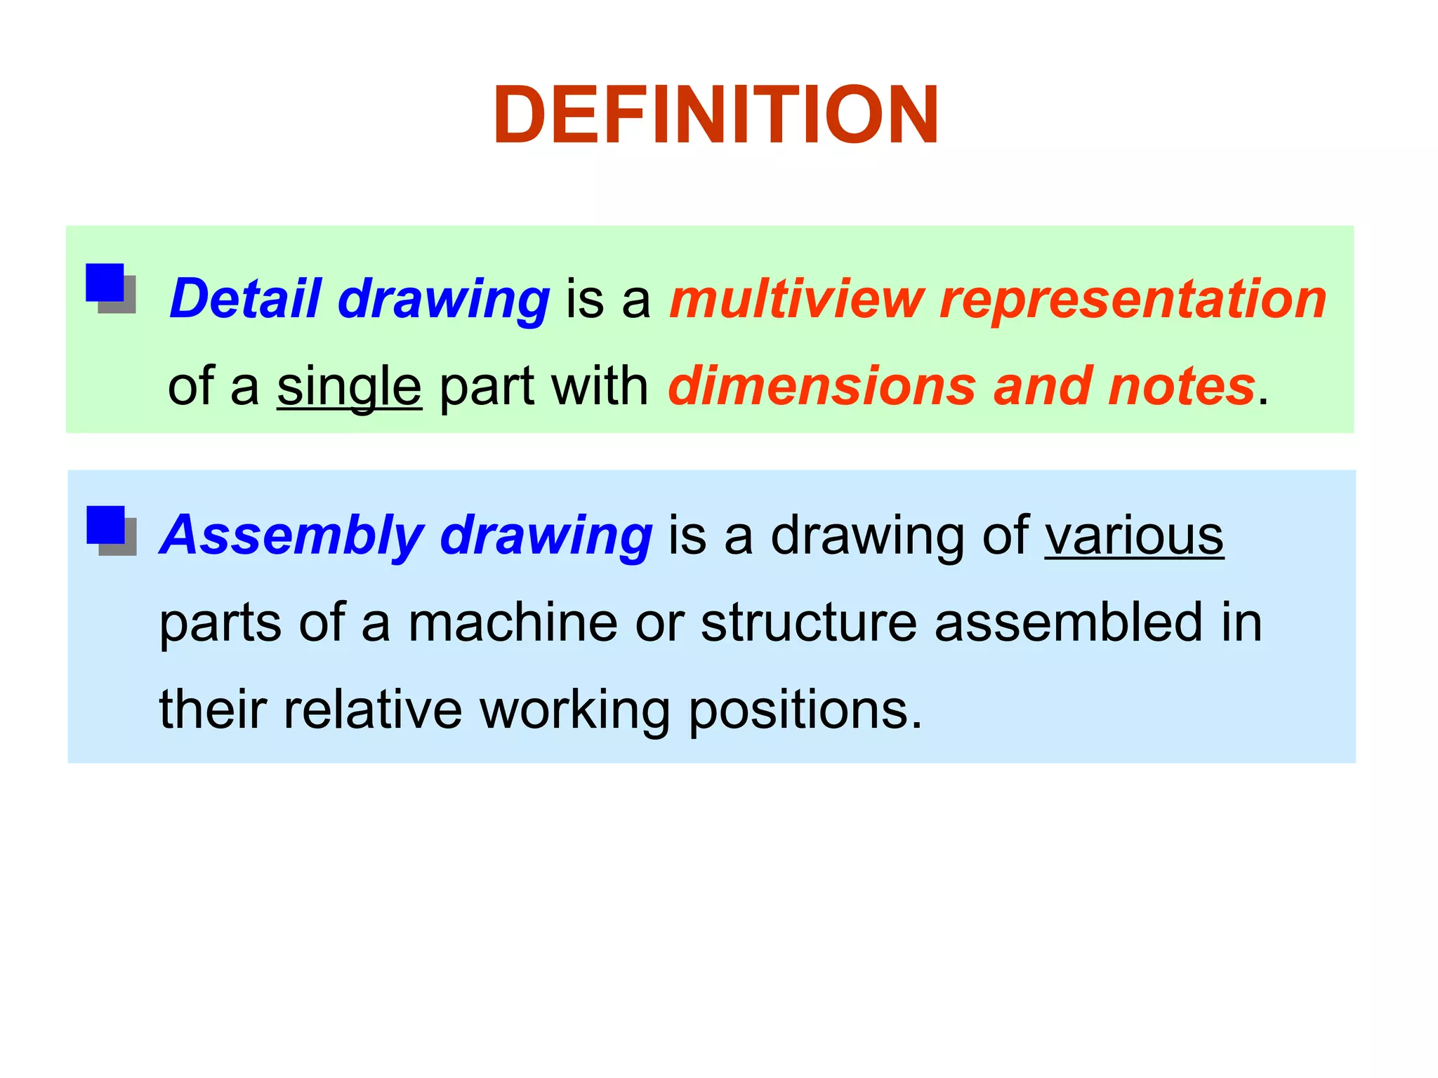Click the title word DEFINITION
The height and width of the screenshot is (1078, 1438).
[715, 115]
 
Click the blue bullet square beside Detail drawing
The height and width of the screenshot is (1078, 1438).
[105, 283]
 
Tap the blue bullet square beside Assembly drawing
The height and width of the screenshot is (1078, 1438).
[106, 525]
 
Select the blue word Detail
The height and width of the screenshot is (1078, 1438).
[246, 299]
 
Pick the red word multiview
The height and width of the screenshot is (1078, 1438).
[796, 299]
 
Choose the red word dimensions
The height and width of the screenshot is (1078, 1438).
[822, 386]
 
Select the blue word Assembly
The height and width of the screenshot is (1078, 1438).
[291, 536]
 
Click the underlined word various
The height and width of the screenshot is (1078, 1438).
[1134, 536]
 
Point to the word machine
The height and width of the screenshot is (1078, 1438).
[513, 623]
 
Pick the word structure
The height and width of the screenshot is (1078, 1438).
[809, 623]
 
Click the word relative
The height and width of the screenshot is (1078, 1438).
[373, 710]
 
